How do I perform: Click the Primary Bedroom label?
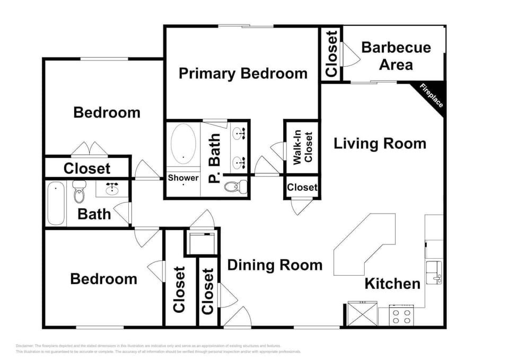point(243,73)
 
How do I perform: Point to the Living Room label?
point(380,144)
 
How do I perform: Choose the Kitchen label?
point(392,284)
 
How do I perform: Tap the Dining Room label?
point(275,265)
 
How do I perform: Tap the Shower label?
point(183,178)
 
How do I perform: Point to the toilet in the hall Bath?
point(79,192)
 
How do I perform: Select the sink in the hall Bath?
point(112,188)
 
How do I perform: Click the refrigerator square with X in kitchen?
point(363,314)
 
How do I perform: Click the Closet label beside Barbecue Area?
point(331,54)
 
